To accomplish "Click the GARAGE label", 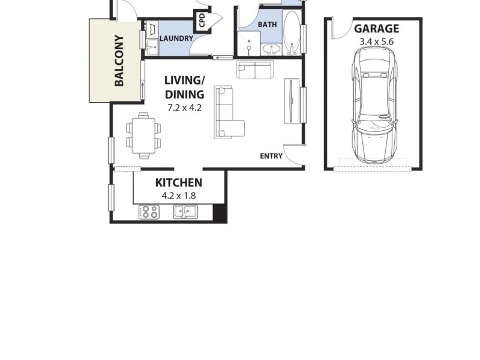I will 376,28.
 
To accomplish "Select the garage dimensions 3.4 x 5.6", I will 376,41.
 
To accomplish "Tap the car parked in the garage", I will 375,106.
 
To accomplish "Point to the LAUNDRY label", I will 176,39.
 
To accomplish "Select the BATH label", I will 266,25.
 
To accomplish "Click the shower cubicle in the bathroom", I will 248,43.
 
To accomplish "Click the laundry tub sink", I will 150,29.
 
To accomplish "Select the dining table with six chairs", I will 144,134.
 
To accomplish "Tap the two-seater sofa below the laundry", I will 255,70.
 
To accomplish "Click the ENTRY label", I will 271,156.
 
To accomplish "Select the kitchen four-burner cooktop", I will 149,212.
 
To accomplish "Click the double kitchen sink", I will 186,211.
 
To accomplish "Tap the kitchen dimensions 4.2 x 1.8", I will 179,195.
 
